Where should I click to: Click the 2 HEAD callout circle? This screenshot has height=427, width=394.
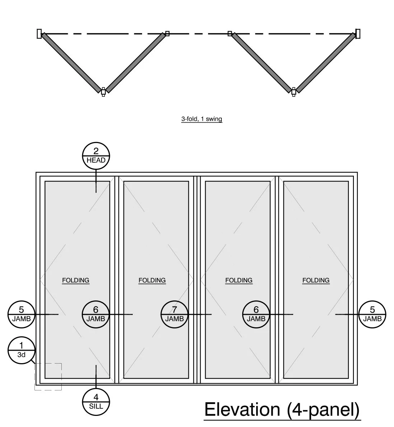pyautogui.click(x=96, y=156)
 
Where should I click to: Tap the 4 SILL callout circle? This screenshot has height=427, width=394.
pyautogui.click(x=96, y=402)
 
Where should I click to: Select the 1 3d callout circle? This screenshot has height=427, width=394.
pyautogui.click(x=22, y=350)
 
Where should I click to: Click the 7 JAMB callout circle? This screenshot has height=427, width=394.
pyautogui.click(x=174, y=314)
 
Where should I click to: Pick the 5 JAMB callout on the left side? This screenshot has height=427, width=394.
pyautogui.click(x=21, y=314)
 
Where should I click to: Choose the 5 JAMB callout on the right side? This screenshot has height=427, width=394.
pyautogui.click(x=372, y=314)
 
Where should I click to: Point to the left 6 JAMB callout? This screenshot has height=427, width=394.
pyautogui.click(x=95, y=314)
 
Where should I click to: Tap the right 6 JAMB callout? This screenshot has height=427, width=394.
pyautogui.click(x=256, y=314)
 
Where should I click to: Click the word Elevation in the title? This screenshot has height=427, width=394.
pyautogui.click(x=242, y=409)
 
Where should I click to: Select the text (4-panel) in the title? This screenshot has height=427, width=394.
pyautogui.click(x=323, y=409)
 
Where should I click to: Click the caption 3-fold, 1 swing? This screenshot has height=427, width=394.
pyautogui.click(x=202, y=119)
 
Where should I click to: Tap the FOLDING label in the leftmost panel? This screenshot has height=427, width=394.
pyautogui.click(x=76, y=280)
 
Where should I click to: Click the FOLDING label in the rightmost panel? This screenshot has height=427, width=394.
pyautogui.click(x=316, y=280)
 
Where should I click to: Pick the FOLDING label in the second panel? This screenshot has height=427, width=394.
pyautogui.click(x=152, y=280)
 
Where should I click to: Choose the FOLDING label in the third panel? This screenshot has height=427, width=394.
pyautogui.click(x=239, y=280)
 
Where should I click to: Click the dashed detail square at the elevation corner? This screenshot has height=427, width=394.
pyautogui.click(x=48, y=376)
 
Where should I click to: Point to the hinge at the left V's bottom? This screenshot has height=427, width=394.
pyautogui.click(x=103, y=92)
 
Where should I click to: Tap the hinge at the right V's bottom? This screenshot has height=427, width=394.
pyautogui.click(x=294, y=92)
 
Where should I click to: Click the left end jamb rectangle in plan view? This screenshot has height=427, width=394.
pyautogui.click(x=39, y=33)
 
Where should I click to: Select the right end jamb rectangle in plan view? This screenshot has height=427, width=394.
pyautogui.click(x=358, y=33)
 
